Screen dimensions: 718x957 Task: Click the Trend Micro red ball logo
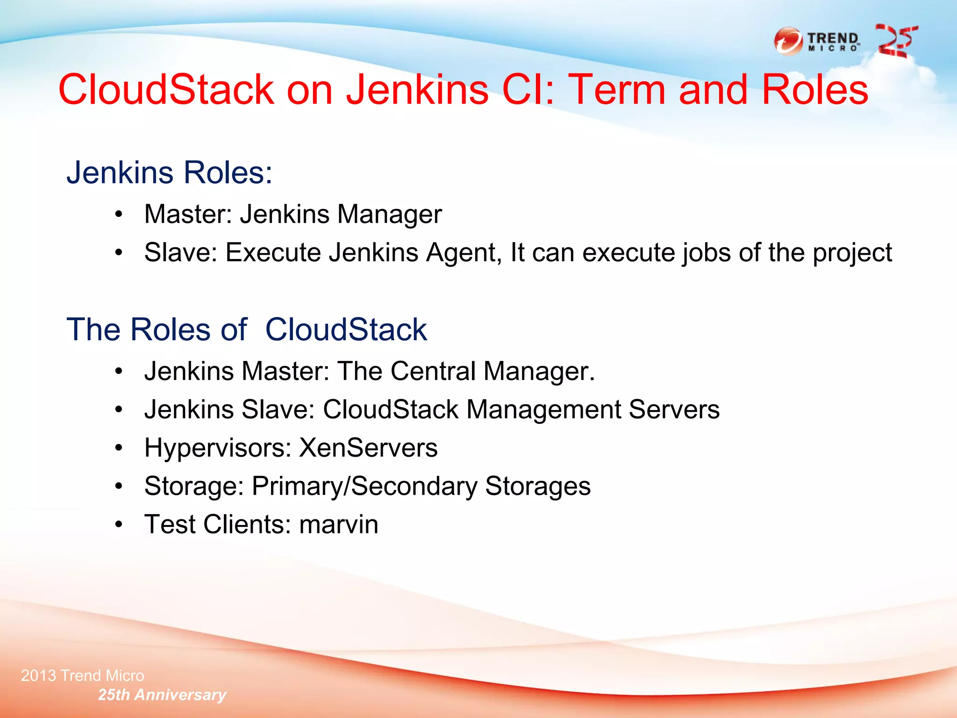coord(788,42)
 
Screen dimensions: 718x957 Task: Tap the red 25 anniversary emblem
coord(896,41)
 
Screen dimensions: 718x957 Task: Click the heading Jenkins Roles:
coord(169,172)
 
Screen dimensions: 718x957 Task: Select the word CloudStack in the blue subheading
coord(346,330)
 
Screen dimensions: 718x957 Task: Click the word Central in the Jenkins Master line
coord(433,371)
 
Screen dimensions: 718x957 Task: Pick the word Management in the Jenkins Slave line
coord(543,409)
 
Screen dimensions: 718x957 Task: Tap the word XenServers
coord(368,448)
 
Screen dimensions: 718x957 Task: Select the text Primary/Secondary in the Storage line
coord(364,487)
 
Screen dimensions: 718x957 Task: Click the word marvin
coord(338,524)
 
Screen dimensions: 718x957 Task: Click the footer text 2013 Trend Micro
coord(82,675)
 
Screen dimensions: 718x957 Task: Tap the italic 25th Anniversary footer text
coord(162,695)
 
